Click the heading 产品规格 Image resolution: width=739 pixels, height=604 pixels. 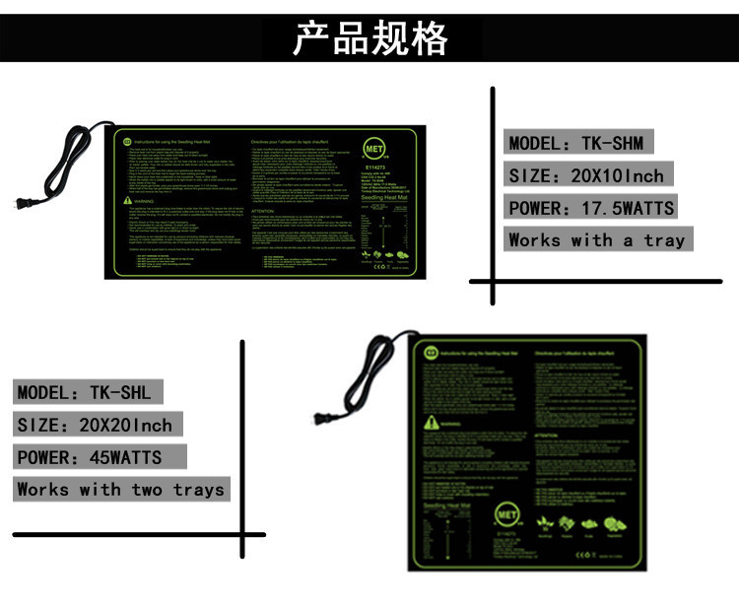click(369, 39)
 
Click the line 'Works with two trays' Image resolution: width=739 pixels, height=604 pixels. click(120, 490)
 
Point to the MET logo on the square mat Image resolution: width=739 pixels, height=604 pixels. click(507, 516)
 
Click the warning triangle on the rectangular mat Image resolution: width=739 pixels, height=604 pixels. click(126, 201)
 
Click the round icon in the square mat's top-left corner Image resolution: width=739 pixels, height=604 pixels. click(431, 352)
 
